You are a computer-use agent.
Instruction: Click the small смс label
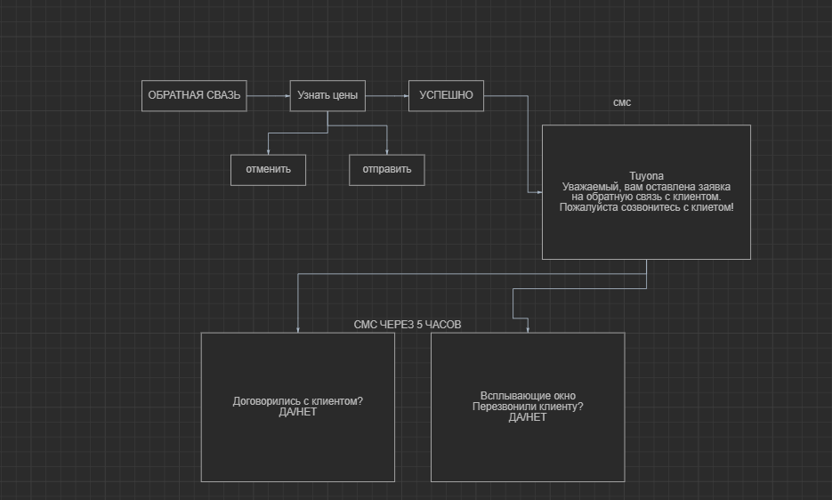[x=622, y=102]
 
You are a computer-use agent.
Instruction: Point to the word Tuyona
[x=646, y=175]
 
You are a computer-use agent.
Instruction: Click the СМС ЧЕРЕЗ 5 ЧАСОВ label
[x=408, y=325]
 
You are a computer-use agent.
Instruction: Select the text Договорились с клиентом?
[x=298, y=401]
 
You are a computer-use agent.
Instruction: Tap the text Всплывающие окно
[x=528, y=395]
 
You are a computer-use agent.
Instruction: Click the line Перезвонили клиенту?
[x=528, y=407]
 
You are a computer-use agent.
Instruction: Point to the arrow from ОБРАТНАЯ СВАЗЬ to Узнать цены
[x=269, y=96]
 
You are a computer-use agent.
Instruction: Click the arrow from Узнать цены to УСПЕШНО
[x=387, y=96]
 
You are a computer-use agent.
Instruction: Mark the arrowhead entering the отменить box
[x=268, y=152]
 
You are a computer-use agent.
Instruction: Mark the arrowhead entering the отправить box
[x=387, y=152]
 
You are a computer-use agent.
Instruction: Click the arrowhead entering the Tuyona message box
[x=539, y=192]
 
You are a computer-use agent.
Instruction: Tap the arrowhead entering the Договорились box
[x=298, y=329]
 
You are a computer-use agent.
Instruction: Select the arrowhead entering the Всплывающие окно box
[x=528, y=329]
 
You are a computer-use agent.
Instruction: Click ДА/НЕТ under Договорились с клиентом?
[x=298, y=412]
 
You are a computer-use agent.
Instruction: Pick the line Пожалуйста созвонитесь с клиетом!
[x=646, y=207]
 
